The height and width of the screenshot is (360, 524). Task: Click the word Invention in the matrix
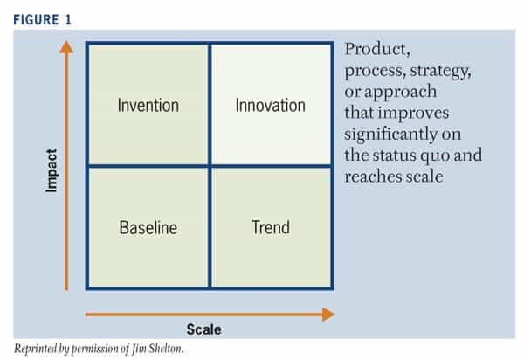pos(148,106)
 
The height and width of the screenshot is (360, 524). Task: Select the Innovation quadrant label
pos(271,106)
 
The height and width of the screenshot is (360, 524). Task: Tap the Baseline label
pos(148,228)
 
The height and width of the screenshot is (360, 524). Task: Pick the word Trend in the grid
pos(271,227)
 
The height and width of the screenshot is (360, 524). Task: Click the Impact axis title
pos(52,170)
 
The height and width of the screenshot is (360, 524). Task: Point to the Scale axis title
pos(203,329)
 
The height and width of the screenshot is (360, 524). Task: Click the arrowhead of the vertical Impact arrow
pos(66,47)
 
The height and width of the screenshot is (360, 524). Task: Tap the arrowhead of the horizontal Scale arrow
pos(328,315)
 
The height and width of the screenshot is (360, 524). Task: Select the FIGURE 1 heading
pos(43,20)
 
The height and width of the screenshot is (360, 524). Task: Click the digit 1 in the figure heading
pos(68,20)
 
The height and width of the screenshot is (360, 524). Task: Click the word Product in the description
pos(377,50)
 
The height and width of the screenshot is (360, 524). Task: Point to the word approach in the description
pos(400,93)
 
